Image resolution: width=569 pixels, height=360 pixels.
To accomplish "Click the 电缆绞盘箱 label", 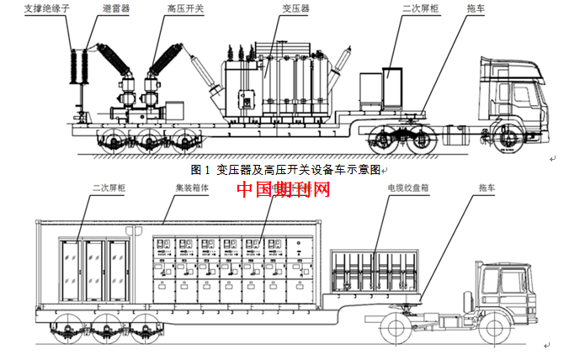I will [407, 190].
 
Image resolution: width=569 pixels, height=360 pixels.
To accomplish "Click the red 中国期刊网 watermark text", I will [283, 188].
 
